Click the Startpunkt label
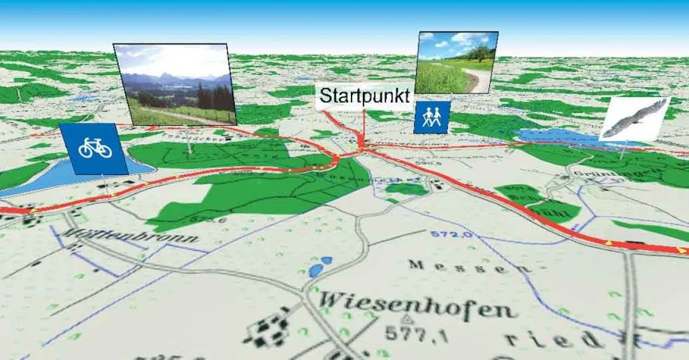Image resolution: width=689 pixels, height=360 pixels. (364, 96)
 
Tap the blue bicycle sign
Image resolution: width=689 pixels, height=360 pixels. (95, 149)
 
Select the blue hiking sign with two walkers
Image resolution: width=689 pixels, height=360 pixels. (432, 118)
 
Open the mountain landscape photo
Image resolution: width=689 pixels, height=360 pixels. (175, 84)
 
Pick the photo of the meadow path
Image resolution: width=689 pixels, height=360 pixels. (456, 63)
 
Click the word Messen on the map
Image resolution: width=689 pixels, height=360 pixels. (461, 266)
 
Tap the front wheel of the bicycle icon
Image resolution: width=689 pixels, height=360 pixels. (104, 150)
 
